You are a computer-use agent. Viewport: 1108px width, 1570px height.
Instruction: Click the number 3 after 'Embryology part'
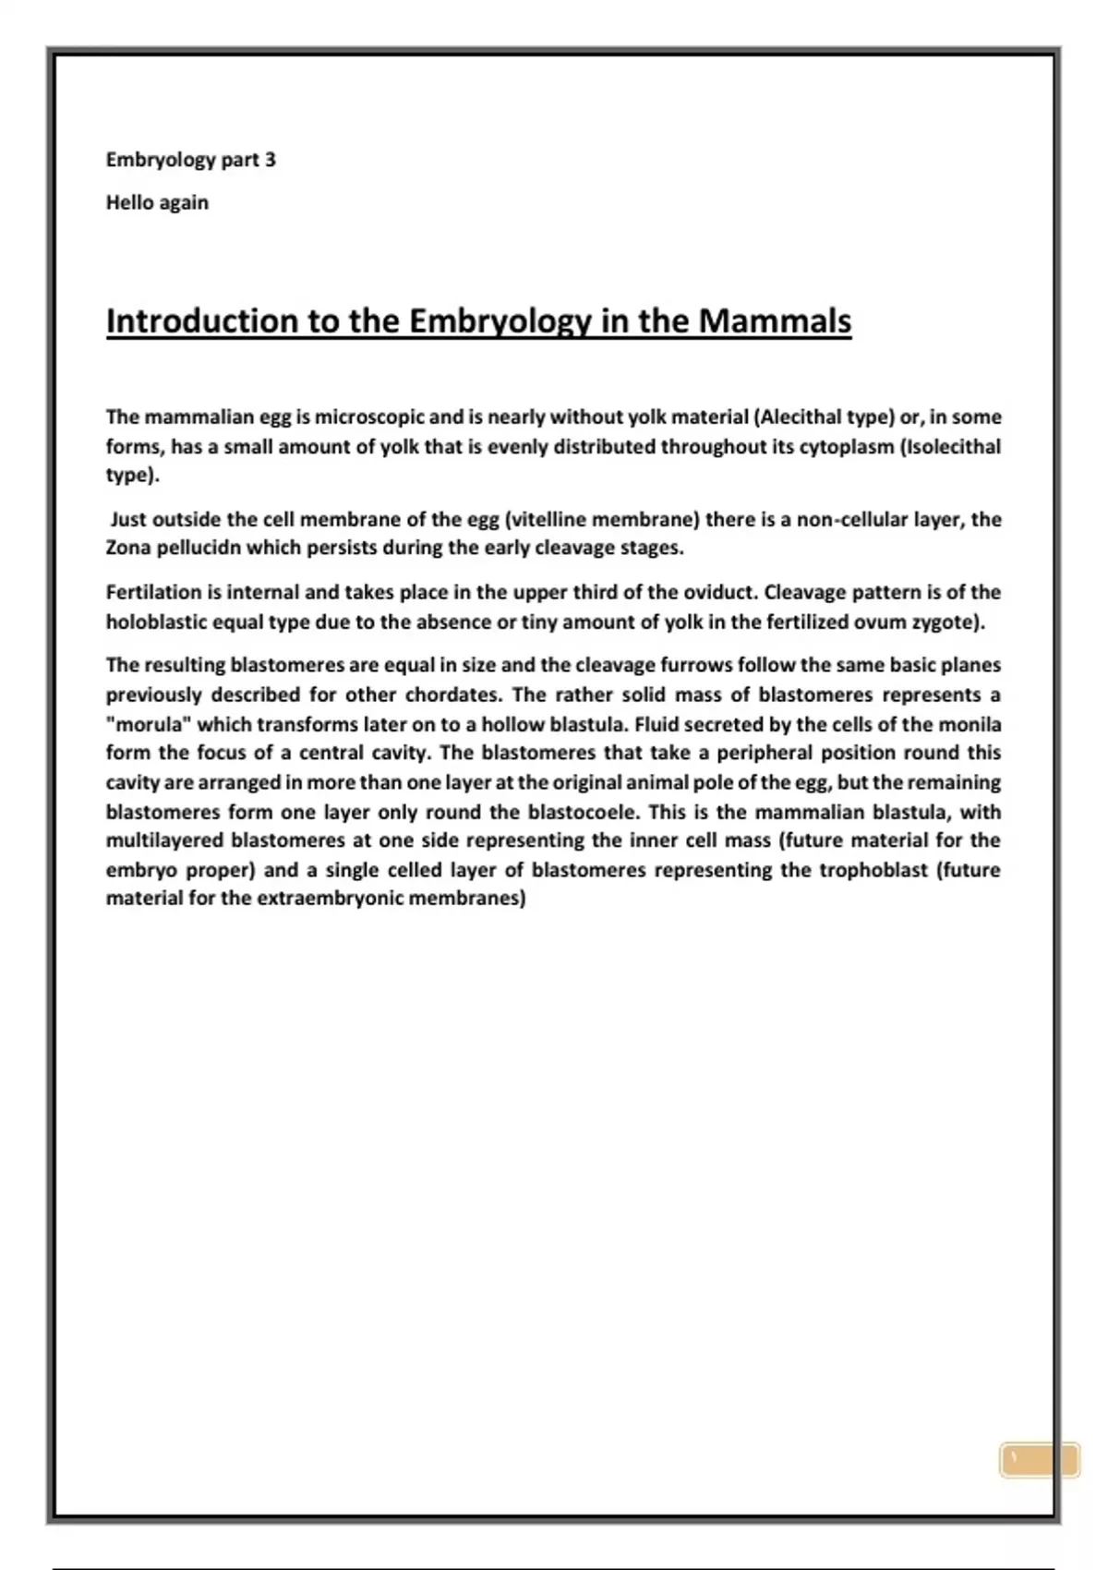coord(270,160)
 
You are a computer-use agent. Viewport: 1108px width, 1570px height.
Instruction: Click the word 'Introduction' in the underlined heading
coord(198,321)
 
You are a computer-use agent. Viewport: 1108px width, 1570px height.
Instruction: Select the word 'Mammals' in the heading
coord(775,321)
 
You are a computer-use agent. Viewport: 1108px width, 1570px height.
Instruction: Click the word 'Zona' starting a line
coord(126,548)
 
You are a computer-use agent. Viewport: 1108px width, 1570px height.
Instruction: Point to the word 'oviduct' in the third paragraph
coord(719,592)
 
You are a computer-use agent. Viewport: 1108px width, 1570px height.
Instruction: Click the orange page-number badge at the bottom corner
coord(1040,1461)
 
